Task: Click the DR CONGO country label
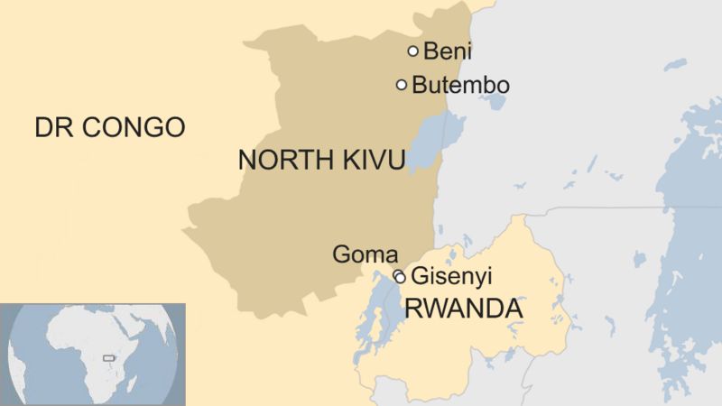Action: click(x=109, y=127)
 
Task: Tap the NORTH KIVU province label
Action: click(x=321, y=160)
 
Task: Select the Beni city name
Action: click(x=448, y=51)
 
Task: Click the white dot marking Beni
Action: click(x=413, y=51)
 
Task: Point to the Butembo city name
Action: click(x=460, y=86)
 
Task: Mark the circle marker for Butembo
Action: click(x=402, y=85)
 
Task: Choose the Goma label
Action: click(x=365, y=255)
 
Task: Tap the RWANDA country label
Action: click(x=463, y=309)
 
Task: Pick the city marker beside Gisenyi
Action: click(x=400, y=277)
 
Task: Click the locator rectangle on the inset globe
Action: click(x=110, y=358)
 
